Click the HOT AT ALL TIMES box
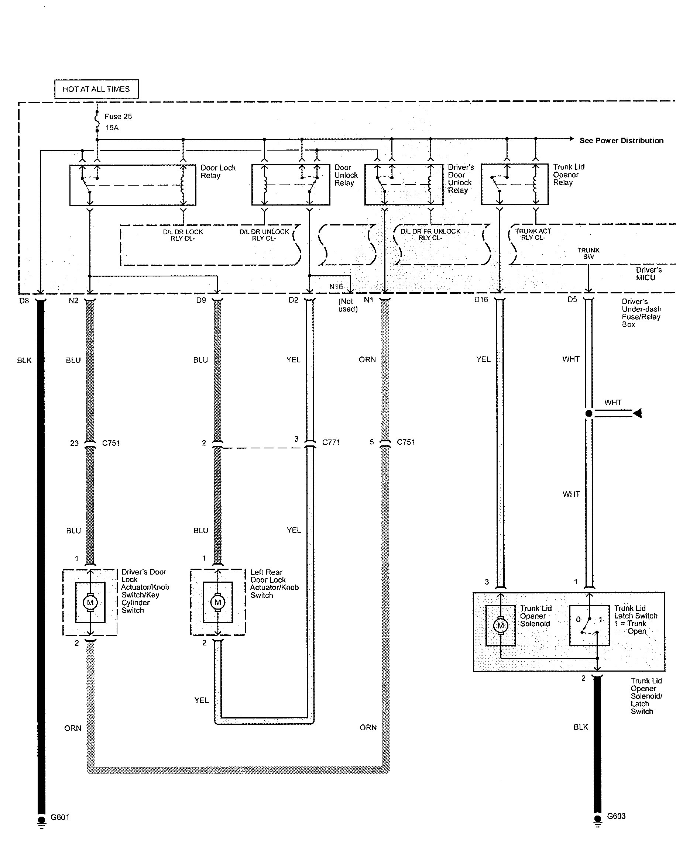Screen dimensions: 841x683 point(96,89)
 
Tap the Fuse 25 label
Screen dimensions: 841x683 point(118,116)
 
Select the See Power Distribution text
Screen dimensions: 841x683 point(621,140)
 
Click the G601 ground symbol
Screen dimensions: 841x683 point(41,821)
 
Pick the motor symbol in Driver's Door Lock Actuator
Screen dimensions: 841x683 point(90,602)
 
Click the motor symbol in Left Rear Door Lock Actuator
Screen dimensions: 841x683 point(217,602)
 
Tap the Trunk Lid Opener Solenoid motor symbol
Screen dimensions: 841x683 point(501,625)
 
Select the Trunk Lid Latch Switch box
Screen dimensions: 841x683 point(589,625)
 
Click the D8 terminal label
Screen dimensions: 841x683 point(24,301)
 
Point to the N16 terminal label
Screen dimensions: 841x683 point(336,287)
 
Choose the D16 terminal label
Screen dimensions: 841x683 point(481,300)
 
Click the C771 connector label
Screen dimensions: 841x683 point(331,442)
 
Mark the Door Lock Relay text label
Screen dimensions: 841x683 point(218,172)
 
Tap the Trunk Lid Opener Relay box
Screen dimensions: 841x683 point(515,185)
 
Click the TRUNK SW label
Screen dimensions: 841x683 point(588,253)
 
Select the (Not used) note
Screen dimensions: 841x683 point(348,305)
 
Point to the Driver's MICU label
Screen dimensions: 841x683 point(648,274)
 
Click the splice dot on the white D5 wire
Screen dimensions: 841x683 point(589,413)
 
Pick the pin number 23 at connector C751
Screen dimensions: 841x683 point(74,443)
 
